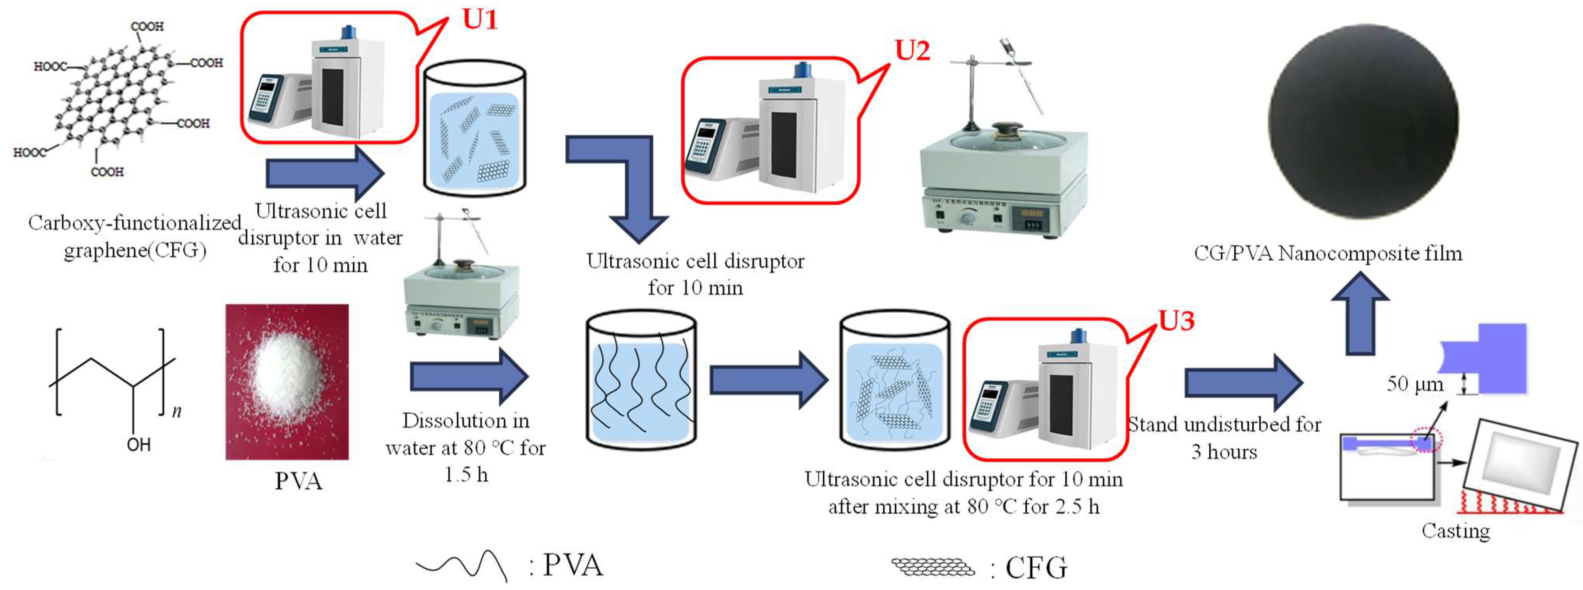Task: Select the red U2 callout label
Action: click(912, 50)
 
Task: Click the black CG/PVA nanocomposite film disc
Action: click(1363, 121)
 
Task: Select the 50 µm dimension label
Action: click(1414, 384)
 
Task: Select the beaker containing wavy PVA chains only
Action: click(641, 380)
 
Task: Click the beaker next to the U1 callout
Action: click(475, 129)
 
